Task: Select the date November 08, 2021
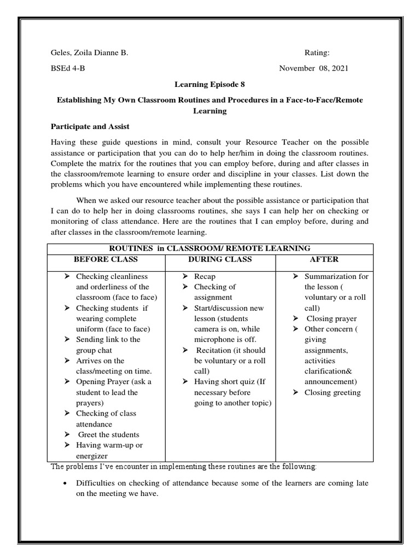tap(313, 68)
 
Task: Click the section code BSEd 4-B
tap(68, 68)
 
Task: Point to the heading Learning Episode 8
tap(209, 84)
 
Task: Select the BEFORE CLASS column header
tap(106, 259)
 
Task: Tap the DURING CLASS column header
tap(220, 259)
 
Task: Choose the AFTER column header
tap(324, 259)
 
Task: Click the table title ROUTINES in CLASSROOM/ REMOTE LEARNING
tap(211, 248)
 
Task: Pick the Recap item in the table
tap(205, 277)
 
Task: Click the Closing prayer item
tap(331, 319)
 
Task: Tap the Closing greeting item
tap(332, 393)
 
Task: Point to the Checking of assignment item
tap(214, 292)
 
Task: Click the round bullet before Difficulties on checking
tap(66, 483)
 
